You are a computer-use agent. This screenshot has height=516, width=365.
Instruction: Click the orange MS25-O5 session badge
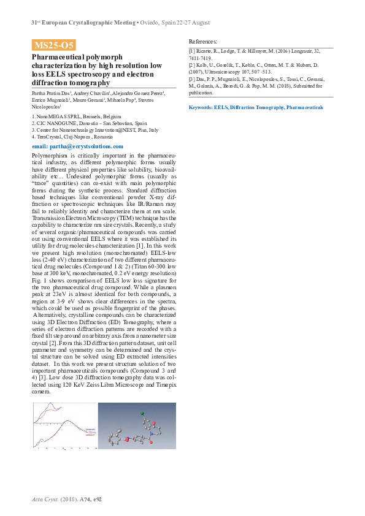(53, 45)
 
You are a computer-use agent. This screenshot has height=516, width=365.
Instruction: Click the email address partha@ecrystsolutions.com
(77, 146)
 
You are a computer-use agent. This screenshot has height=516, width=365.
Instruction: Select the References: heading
(202, 40)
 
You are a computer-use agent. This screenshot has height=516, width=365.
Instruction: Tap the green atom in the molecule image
(142, 414)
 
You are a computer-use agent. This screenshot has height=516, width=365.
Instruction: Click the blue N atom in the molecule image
(150, 433)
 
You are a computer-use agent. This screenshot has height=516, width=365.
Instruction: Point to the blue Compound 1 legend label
(90, 430)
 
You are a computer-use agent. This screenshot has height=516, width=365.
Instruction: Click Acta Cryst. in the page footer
(43, 499)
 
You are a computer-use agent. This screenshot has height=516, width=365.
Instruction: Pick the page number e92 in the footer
(97, 499)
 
